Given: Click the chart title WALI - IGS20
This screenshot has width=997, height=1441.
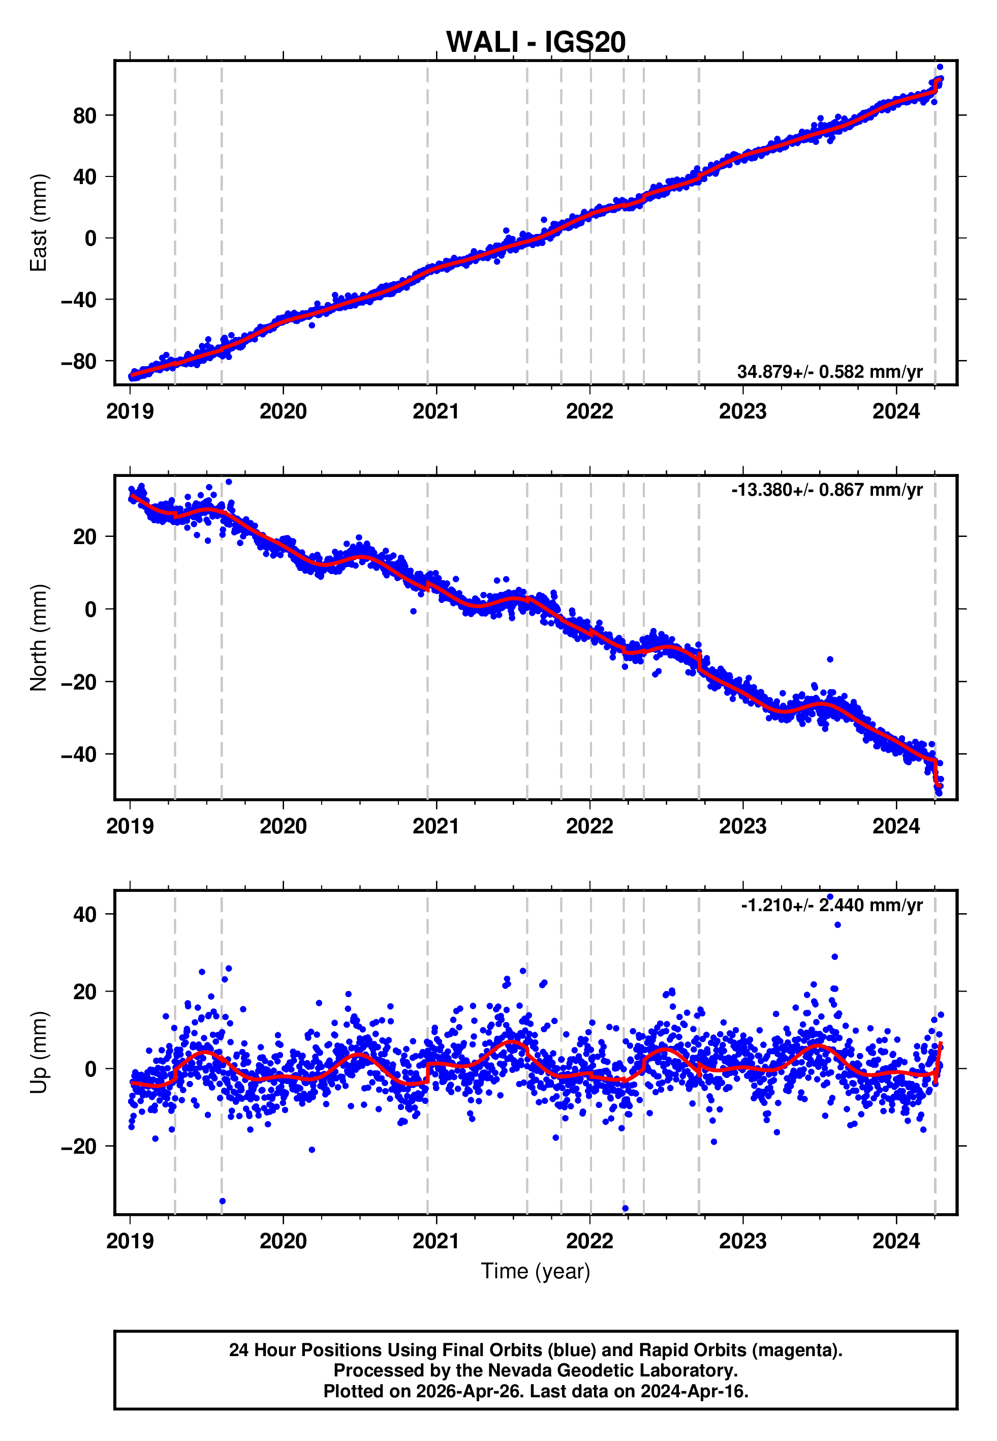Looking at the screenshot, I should pos(536,43).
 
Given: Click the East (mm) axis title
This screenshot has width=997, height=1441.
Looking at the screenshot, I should pos(39,223).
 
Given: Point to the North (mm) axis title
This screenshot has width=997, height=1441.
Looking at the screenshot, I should pos(39,638).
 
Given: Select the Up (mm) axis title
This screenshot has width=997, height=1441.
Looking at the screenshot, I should pos(39,1053).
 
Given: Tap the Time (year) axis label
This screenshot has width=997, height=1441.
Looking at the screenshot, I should pos(536,1271).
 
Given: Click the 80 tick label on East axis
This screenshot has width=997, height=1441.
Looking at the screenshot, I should pos(85,115).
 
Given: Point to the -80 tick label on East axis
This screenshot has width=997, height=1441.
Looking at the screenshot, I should pos(79,361).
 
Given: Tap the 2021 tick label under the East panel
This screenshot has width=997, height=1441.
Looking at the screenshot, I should pos(436,412).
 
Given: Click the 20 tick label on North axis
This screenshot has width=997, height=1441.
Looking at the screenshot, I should pos(85,536).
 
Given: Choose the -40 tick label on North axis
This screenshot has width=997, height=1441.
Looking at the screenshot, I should pos(79,754).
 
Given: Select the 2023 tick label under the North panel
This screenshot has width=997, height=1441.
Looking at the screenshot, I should pos(743,827).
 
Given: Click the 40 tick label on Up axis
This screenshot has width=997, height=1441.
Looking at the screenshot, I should pos(85,914).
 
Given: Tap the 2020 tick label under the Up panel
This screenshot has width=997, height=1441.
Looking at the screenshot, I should pos(283,1242).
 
